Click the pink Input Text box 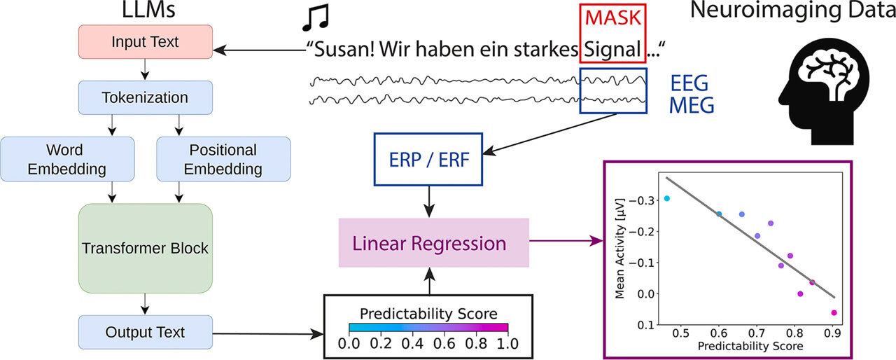pos(145,41)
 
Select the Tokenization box pos(145,97)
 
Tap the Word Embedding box pos(67,159)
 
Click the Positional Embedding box pos(223,159)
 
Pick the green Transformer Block pos(145,249)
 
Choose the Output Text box pos(145,333)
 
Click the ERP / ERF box pos(428,159)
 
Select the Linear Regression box pos(433,243)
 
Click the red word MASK pos(613,18)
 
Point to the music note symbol pos(316,18)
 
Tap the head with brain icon pos(824,91)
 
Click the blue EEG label pos(689,83)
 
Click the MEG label pos(692,105)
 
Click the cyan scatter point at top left pos(667,198)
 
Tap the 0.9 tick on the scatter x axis pos(832,333)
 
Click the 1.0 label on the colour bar pos(507,344)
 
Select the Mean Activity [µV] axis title pos(619,249)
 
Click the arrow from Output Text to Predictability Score pos(268,333)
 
